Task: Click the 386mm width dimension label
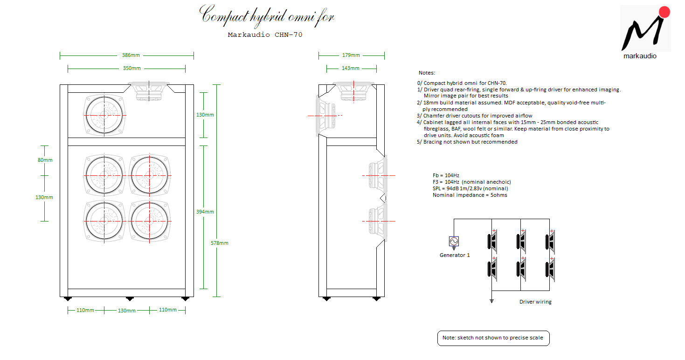click(x=131, y=55)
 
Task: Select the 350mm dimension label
click(x=132, y=68)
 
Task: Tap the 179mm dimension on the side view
click(x=351, y=55)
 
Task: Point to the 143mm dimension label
click(x=351, y=68)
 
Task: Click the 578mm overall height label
click(x=219, y=243)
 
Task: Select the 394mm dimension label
click(x=205, y=212)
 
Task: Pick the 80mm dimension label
click(x=45, y=160)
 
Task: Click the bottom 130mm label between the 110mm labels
click(x=127, y=311)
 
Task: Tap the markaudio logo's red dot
click(x=664, y=12)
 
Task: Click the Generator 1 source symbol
click(x=454, y=242)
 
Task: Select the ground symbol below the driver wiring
click(x=492, y=301)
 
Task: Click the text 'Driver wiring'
click(x=535, y=302)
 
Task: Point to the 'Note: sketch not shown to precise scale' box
click(x=493, y=338)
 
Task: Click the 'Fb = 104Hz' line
click(x=446, y=175)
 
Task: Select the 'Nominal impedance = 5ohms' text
click(x=470, y=195)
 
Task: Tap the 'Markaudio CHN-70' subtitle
click(x=265, y=35)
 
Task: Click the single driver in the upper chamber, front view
click(x=104, y=115)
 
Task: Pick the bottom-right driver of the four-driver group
click(x=150, y=221)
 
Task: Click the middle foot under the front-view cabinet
click(x=130, y=299)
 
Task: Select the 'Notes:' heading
click(x=427, y=73)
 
